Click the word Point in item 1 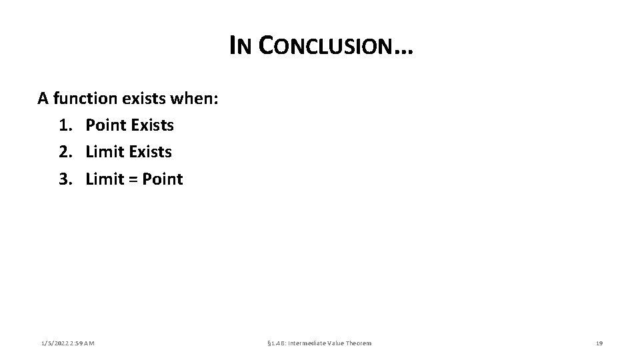coord(106,125)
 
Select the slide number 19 coord(599,343)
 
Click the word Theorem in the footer coord(357,343)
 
